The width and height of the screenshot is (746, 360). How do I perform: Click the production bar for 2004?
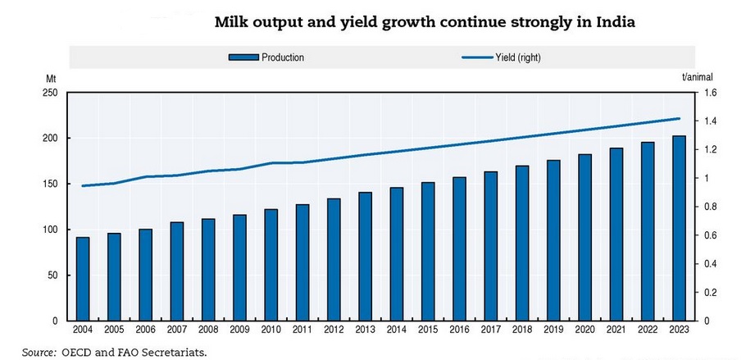pos(83,279)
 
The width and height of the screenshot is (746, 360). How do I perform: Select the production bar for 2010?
pos(271,265)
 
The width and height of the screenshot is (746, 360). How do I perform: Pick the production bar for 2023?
pos(679,229)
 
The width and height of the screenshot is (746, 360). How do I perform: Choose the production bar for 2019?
pos(553,240)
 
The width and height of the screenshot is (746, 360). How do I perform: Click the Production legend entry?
pos(266,57)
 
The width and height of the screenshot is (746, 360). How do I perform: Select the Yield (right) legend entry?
pos(501,57)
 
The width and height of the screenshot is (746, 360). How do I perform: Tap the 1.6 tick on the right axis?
pos(706,93)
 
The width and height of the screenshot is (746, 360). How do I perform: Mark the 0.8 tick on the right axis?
pos(706,207)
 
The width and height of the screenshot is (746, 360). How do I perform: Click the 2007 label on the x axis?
pos(177,330)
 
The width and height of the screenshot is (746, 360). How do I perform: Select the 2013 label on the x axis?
pos(366,330)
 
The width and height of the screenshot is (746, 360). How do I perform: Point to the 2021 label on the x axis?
pos(616,330)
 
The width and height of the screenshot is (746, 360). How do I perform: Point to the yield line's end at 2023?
pos(679,119)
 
